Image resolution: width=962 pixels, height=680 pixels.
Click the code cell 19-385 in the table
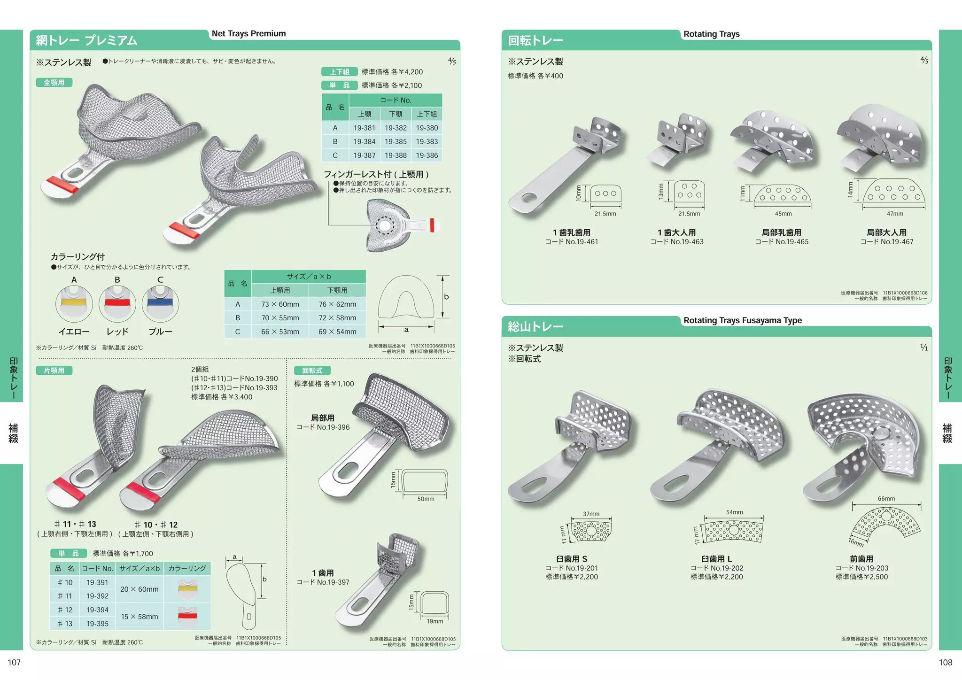coord(396,141)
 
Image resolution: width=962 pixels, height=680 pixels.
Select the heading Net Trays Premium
coord(248,33)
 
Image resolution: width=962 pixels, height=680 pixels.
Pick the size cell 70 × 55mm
coord(280,318)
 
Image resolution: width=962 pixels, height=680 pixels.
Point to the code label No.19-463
coord(677,242)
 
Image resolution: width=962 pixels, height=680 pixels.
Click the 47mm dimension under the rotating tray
coord(894,214)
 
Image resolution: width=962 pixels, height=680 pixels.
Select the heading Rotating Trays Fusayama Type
coord(742,320)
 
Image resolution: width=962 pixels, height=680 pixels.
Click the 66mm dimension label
coord(886,499)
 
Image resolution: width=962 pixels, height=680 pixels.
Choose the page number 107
coord(14,662)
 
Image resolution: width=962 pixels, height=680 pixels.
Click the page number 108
coord(945,662)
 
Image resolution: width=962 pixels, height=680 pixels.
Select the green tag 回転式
coord(312,371)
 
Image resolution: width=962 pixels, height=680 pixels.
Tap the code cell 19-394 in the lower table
coord(97,610)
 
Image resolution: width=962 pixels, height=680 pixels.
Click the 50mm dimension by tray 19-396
coord(426,499)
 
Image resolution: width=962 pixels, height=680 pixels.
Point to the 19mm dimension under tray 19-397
coord(434,621)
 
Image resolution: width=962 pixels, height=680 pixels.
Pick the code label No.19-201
coord(572,568)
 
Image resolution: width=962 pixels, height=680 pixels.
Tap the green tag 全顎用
coord(54,83)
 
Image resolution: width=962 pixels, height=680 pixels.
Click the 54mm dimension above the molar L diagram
coord(734,512)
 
